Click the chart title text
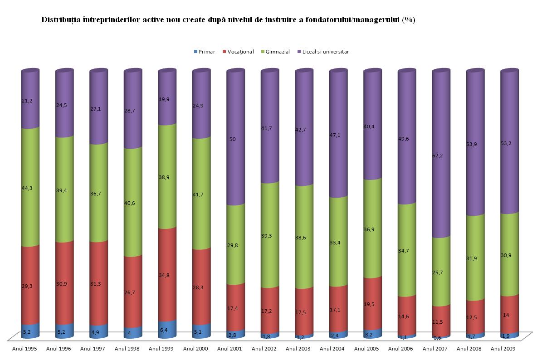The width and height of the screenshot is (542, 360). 228,20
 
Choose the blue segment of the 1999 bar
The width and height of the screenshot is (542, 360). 167,330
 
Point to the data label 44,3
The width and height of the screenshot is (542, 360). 27,188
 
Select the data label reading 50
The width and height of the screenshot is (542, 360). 232,139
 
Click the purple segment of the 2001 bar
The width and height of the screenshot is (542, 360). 235,172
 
